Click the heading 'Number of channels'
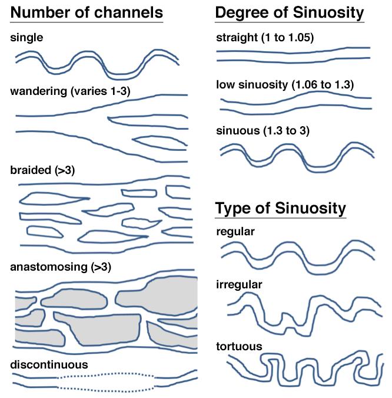click(87, 12)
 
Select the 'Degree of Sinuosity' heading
click(290, 12)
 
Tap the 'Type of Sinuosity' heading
click(281, 208)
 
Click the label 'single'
click(26, 38)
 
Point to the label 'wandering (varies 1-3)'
click(70, 91)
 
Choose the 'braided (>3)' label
click(42, 170)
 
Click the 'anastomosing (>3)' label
click(61, 267)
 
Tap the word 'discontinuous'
click(49, 365)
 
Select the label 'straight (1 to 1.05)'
click(265, 38)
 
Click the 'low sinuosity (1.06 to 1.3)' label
click(285, 85)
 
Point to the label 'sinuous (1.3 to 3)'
click(263, 131)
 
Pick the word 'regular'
click(235, 232)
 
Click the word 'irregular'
click(239, 285)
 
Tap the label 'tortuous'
click(239, 347)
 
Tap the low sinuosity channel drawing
click(296, 102)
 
